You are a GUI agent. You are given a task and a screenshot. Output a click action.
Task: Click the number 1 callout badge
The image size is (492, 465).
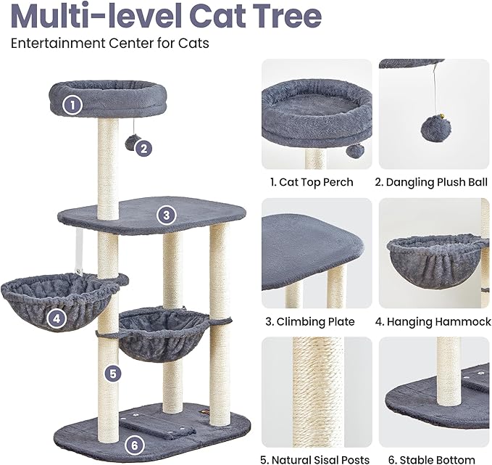[x=71, y=105]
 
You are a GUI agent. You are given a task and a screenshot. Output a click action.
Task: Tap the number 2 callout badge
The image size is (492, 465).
[x=145, y=149]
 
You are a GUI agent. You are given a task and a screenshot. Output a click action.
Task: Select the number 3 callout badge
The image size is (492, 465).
[x=167, y=215]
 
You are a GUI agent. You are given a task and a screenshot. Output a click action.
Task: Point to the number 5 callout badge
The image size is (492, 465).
[x=112, y=374]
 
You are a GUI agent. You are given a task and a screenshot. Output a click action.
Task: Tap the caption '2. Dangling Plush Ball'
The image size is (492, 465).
[x=434, y=182]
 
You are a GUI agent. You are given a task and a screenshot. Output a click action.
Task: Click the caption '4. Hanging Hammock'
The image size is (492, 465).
[x=434, y=321]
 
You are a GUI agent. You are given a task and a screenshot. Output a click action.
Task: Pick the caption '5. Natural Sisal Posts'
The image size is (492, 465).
[x=316, y=459]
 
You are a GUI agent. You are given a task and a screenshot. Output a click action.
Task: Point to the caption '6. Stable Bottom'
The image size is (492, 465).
[x=434, y=459]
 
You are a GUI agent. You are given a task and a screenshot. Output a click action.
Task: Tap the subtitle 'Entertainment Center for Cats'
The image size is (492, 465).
[x=109, y=43]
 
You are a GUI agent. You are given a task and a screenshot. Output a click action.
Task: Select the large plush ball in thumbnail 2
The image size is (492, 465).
[x=435, y=128]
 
